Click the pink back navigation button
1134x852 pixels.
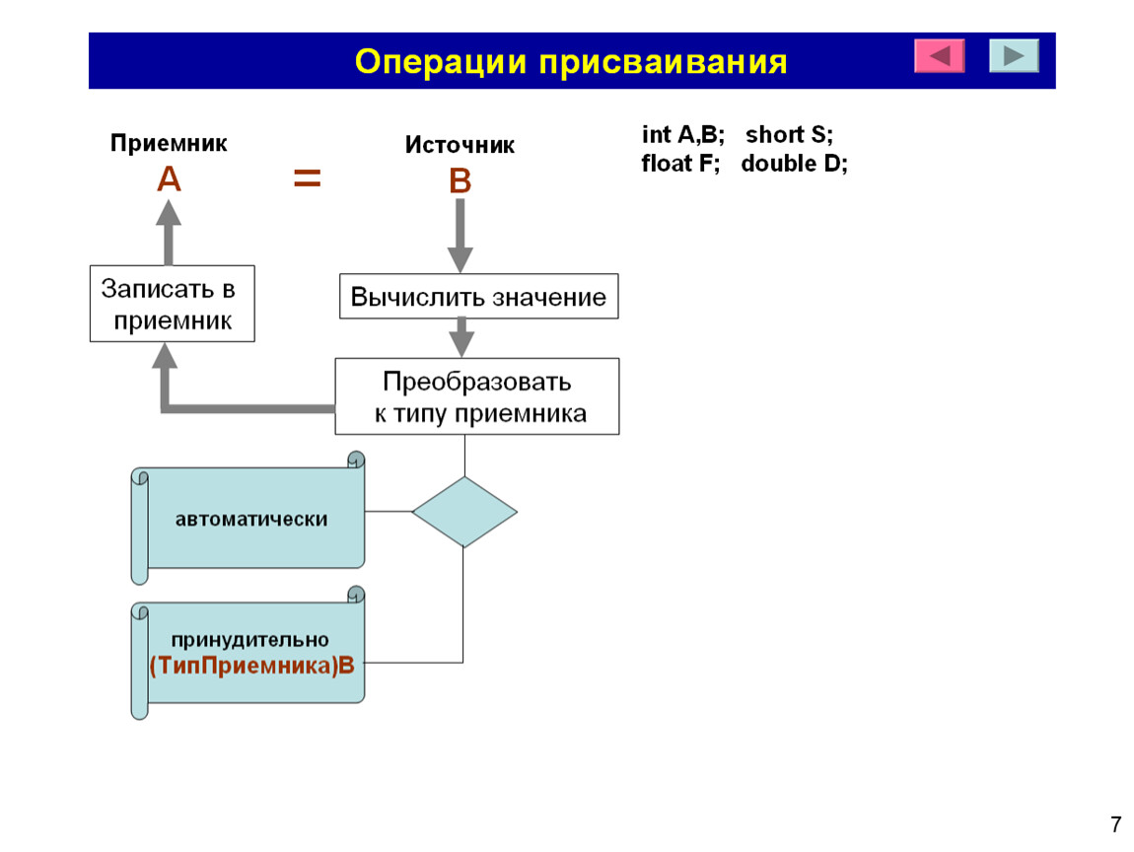point(940,55)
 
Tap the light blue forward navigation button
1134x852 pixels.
point(1014,55)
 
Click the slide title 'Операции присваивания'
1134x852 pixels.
point(571,61)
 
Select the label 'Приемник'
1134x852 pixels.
point(169,143)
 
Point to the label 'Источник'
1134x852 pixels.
point(460,145)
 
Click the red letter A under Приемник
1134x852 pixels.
point(169,178)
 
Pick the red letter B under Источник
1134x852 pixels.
point(460,180)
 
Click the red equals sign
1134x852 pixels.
point(308,177)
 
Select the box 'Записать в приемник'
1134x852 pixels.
point(173,304)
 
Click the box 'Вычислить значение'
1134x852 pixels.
point(479,297)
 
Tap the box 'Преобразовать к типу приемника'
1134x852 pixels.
point(477,396)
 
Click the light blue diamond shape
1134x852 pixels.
point(464,512)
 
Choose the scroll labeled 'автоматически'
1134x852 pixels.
point(248,518)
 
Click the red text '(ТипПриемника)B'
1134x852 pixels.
point(251,666)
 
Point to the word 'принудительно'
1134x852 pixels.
point(250,640)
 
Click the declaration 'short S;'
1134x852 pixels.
point(789,134)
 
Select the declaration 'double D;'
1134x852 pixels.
point(794,164)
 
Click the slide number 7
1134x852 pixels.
point(1116,824)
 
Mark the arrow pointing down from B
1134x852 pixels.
point(460,235)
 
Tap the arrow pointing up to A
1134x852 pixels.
point(169,232)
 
